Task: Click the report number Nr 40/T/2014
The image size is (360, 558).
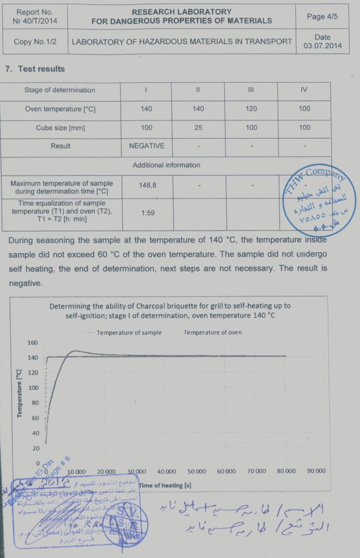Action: [x=35, y=21]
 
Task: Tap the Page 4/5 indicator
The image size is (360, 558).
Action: [x=322, y=17]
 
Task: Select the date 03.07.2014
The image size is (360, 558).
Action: [x=322, y=46]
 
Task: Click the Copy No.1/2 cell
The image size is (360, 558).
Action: [x=35, y=41]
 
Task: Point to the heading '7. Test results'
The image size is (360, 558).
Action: [x=34, y=69]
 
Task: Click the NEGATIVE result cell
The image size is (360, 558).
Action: [x=147, y=146]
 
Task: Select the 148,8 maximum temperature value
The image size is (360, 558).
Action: [x=147, y=186]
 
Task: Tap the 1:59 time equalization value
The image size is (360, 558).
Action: [x=147, y=213]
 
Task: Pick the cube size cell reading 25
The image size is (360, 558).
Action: [x=198, y=128]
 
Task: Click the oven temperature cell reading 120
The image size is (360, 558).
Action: [x=251, y=109]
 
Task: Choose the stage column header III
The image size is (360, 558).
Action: [x=251, y=90]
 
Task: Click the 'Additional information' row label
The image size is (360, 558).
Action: [x=166, y=165]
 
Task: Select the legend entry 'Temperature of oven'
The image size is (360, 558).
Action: [x=212, y=332]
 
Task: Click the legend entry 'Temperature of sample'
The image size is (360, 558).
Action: [x=129, y=332]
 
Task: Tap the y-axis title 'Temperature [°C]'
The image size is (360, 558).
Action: [x=19, y=394]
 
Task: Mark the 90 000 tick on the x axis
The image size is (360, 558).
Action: [x=316, y=471]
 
